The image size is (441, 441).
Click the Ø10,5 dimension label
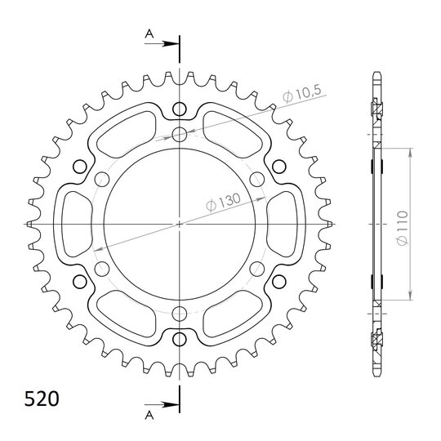[x=301, y=94]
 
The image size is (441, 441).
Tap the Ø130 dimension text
[x=224, y=202]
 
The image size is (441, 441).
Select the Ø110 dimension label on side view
[x=403, y=228]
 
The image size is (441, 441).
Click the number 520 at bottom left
[x=42, y=399]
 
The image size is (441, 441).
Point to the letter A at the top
[x=149, y=34]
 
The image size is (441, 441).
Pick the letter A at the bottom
[x=149, y=415]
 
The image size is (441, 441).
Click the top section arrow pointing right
[x=162, y=44]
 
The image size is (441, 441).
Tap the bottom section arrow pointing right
[x=162, y=405]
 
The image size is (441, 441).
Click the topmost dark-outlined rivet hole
[x=180, y=109]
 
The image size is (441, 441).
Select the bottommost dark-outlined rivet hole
[x=180, y=340]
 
